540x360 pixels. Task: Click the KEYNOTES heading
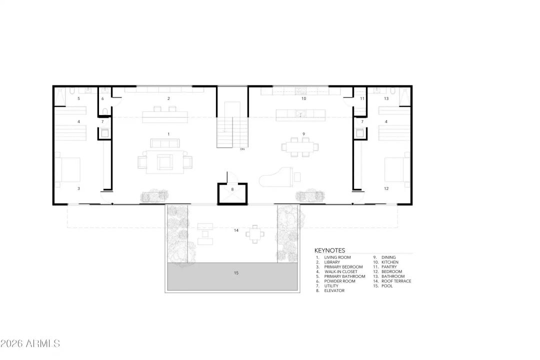329,250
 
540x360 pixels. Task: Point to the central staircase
232,125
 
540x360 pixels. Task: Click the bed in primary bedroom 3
68,169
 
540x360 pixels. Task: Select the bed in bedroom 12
397,169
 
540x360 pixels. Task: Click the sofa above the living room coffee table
165,144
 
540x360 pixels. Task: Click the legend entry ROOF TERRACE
396,281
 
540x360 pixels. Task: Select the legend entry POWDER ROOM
339,281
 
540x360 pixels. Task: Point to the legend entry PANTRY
389,267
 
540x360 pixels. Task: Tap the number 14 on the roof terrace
235,230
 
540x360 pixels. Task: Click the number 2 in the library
169,98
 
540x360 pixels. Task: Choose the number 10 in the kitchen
303,98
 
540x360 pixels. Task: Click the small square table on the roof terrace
255,233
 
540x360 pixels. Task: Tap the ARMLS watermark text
30,343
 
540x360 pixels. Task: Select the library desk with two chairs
165,116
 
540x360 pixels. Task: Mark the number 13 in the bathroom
386,99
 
